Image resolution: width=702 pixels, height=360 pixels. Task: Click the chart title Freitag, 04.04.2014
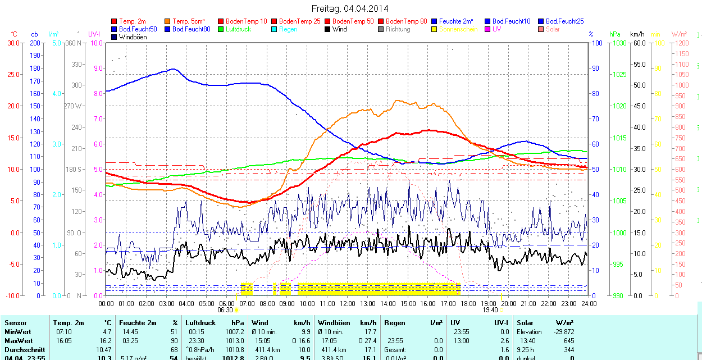pyautogui.click(x=349, y=8)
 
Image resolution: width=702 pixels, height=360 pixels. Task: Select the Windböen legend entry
pyautogui.click(x=133, y=37)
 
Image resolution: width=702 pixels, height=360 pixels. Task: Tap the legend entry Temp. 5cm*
pyautogui.click(x=189, y=21)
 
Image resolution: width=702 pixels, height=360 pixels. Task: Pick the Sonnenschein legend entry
pyautogui.click(x=458, y=29)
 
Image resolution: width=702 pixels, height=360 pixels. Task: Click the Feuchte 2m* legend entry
pyautogui.click(x=456, y=21)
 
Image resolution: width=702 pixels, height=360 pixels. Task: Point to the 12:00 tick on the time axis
pyautogui.click(x=348, y=303)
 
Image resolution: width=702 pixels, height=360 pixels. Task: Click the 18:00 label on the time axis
pyautogui.click(x=468, y=303)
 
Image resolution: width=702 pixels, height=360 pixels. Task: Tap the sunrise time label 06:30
pyautogui.click(x=225, y=309)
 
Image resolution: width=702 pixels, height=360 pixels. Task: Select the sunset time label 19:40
pyautogui.click(x=490, y=309)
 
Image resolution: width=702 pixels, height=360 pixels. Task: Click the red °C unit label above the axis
pyautogui.click(x=14, y=34)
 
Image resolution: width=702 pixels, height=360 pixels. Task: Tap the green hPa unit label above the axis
pyautogui.click(x=615, y=34)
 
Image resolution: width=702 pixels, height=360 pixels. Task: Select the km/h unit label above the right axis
pyautogui.click(x=637, y=34)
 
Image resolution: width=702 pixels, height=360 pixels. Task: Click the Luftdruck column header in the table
pyautogui.click(x=200, y=323)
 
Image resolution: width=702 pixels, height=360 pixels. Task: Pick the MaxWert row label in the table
pyautogui.click(x=19, y=341)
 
